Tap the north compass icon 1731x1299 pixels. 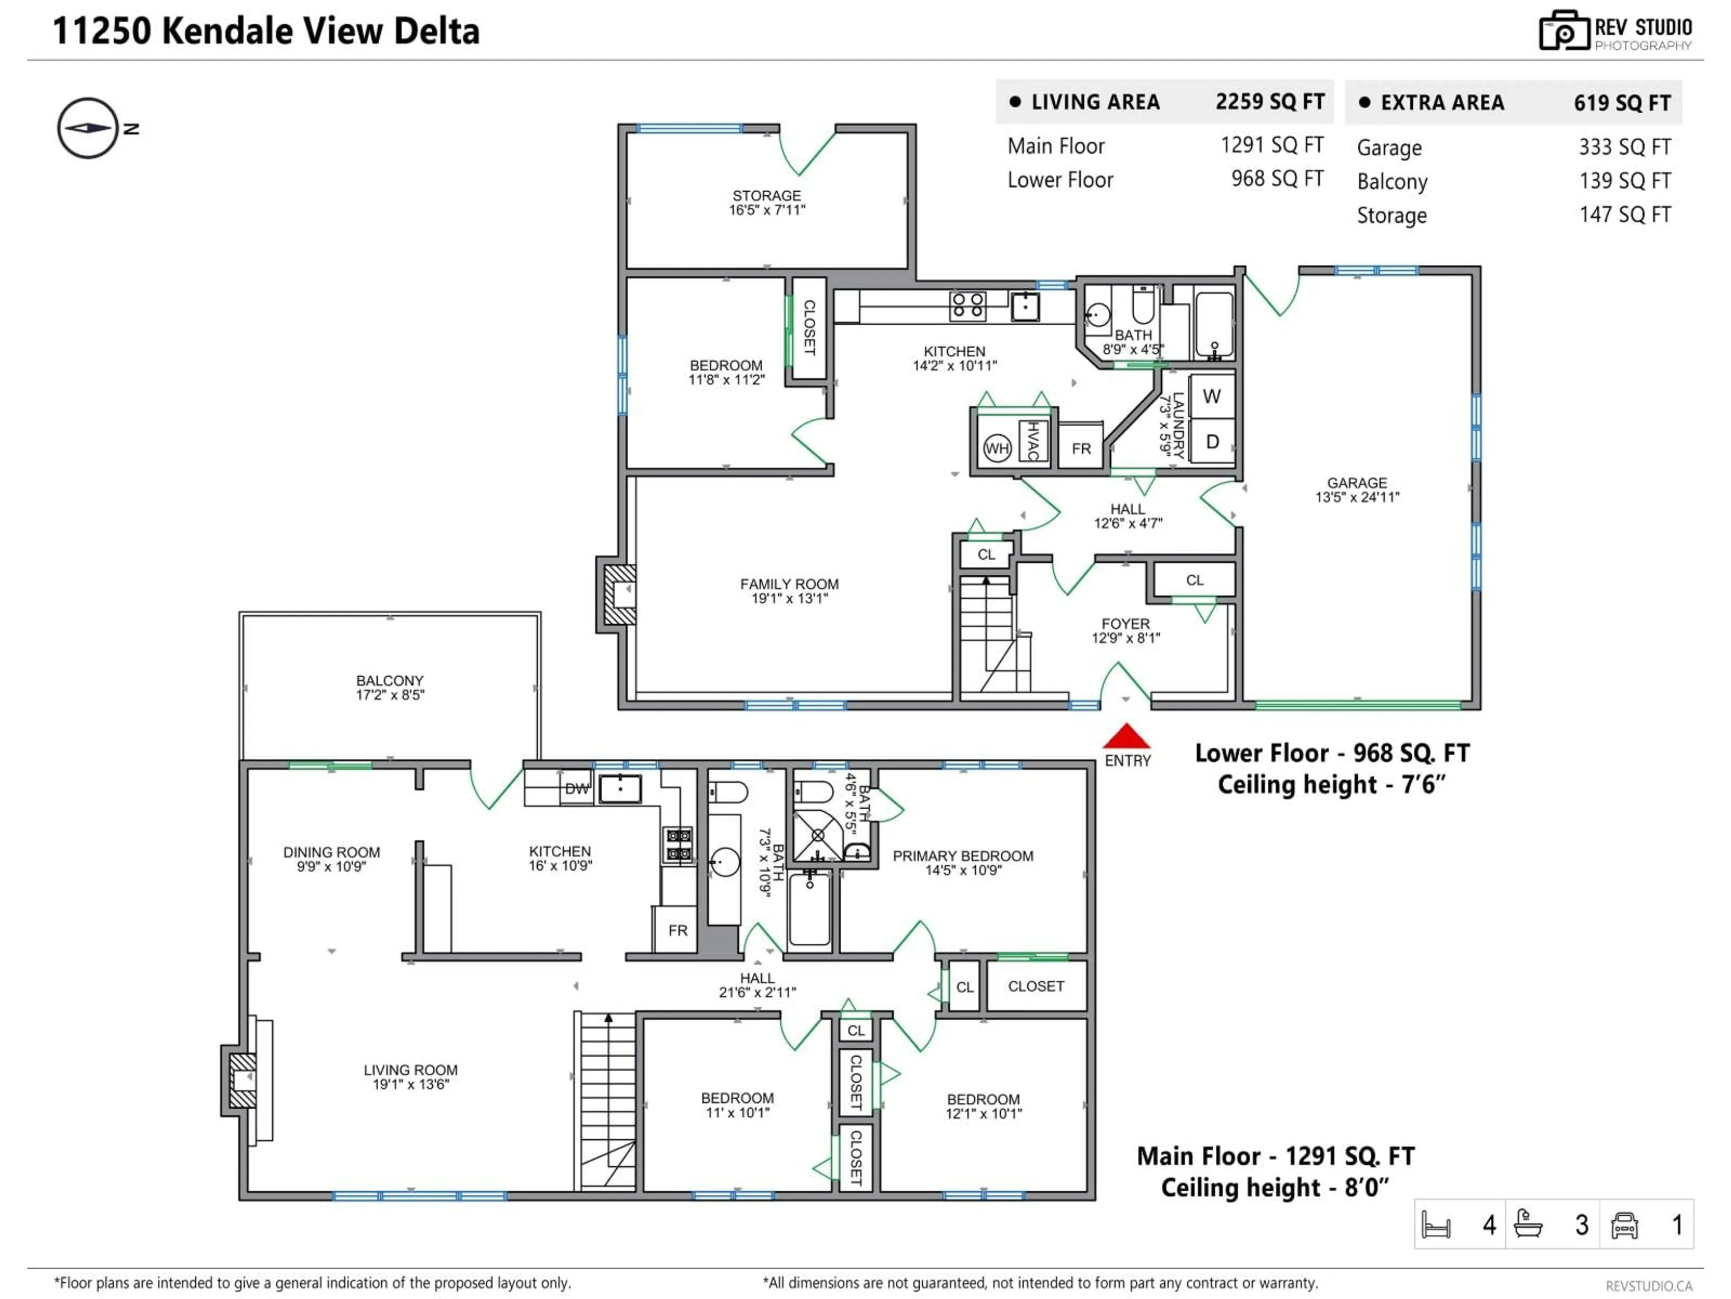pos(87,129)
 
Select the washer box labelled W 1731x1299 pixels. pos(1211,396)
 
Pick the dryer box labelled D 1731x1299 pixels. pos(1211,442)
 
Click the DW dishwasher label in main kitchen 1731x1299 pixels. pos(577,788)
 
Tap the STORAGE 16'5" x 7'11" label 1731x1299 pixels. pos(766,202)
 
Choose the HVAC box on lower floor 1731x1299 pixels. pos(1033,441)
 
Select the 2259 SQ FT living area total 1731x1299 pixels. pos(1269,102)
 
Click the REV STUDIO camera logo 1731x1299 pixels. pos(1563,31)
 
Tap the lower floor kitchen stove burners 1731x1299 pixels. pos(967,305)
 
